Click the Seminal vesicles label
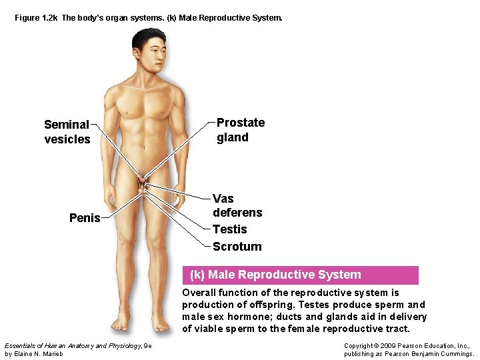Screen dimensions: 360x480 [x=67, y=132]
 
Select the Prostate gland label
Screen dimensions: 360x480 [x=240, y=130]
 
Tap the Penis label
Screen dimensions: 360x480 [x=85, y=218]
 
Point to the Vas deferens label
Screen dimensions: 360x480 [x=237, y=205]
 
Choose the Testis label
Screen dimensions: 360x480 [x=229, y=229]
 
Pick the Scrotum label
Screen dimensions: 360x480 [x=237, y=247]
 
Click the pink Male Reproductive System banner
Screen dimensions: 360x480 [x=301, y=275]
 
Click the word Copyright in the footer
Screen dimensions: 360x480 [x=360, y=345]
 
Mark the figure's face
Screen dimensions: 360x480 [x=149, y=53]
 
